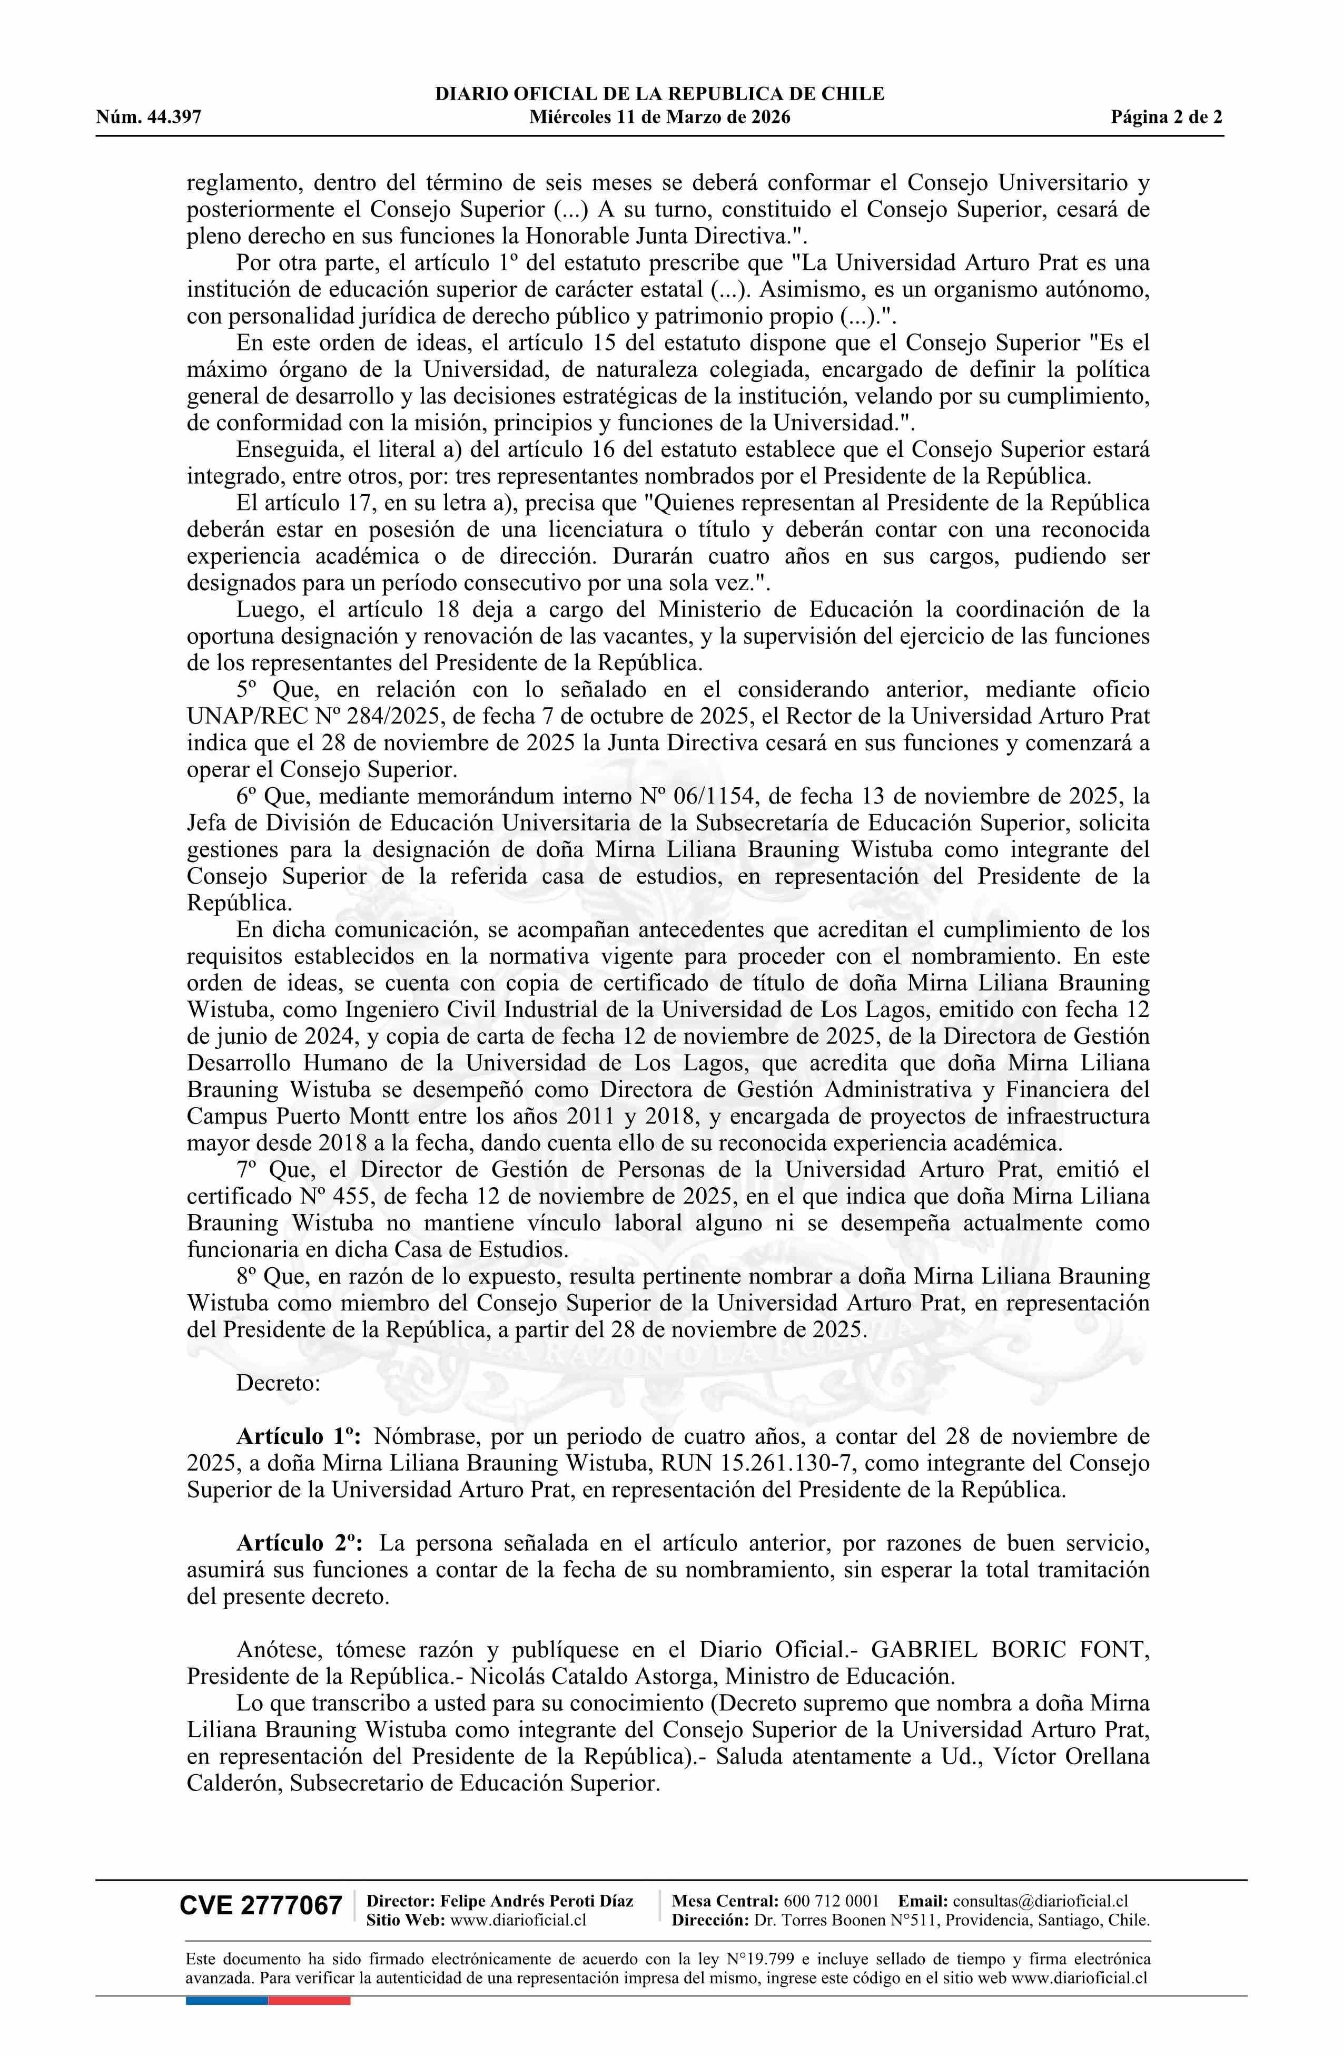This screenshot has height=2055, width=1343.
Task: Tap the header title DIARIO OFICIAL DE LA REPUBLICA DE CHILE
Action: click(659, 94)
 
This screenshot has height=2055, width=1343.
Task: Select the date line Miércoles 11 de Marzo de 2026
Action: click(659, 118)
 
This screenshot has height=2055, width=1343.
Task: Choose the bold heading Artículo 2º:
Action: click(299, 1542)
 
